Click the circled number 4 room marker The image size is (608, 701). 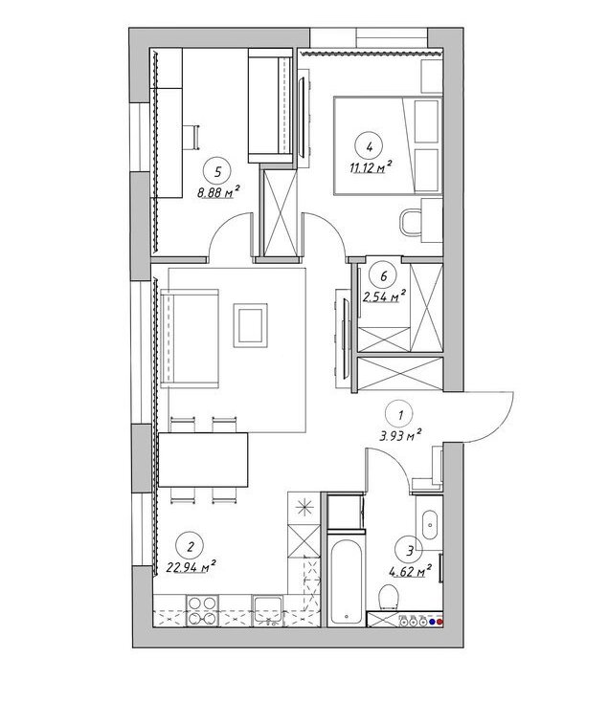pyautogui.click(x=369, y=146)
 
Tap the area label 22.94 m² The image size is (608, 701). pyautogui.click(x=191, y=567)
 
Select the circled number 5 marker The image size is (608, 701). pyautogui.click(x=217, y=172)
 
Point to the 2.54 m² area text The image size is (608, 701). pyautogui.click(x=385, y=296)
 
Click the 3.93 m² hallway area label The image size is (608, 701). pyautogui.click(x=400, y=435)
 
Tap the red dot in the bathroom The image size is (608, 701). pyautogui.click(x=439, y=621)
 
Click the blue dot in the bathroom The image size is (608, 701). pyautogui.click(x=432, y=621)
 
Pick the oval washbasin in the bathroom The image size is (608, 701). pyautogui.click(x=430, y=524)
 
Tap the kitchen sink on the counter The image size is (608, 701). pyautogui.click(x=267, y=611)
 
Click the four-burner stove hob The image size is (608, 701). pyautogui.click(x=201, y=611)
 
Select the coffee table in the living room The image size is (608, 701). pyautogui.click(x=250, y=325)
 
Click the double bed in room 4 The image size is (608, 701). pyautogui.click(x=388, y=146)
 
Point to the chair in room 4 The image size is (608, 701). pyautogui.click(x=411, y=222)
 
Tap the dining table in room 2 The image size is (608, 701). pyautogui.click(x=203, y=460)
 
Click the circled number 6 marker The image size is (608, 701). pyautogui.click(x=383, y=276)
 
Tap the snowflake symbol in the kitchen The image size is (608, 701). pyautogui.click(x=304, y=508)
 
